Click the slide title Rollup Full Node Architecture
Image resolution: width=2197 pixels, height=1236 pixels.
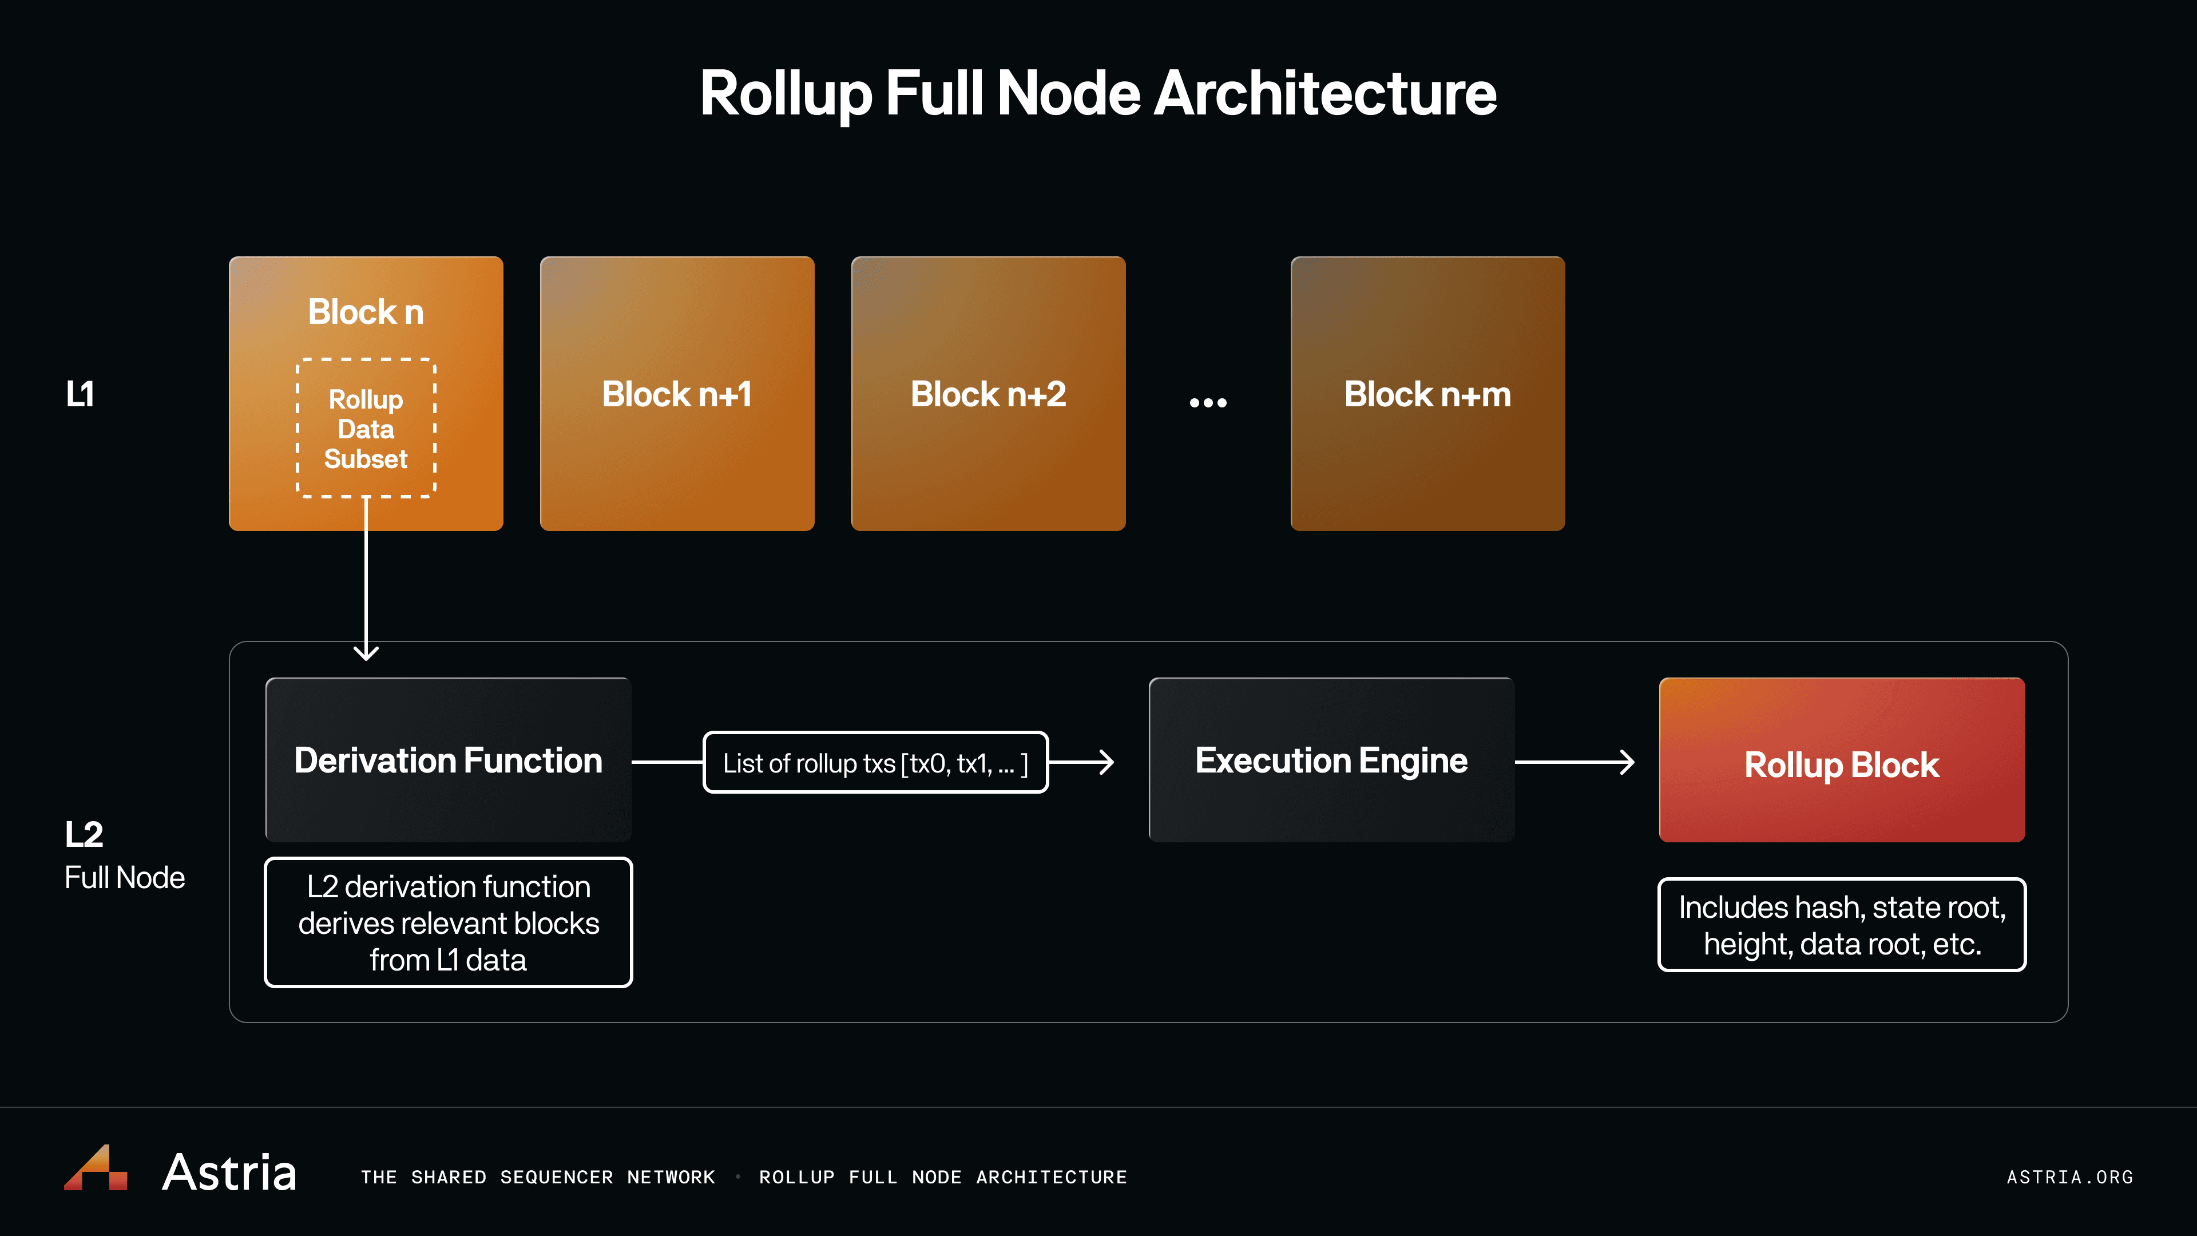[x=1098, y=94]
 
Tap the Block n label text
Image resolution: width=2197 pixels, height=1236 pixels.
[x=366, y=312]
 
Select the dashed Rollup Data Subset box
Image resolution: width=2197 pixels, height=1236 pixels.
[x=366, y=428]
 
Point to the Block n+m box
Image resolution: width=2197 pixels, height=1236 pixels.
[x=1427, y=394]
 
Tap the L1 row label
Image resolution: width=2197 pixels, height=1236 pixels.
[x=80, y=394]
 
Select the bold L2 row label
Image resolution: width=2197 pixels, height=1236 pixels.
[x=84, y=834]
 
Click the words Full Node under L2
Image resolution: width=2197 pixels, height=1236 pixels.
[x=125, y=878]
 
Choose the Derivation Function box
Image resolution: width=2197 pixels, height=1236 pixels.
[x=448, y=760]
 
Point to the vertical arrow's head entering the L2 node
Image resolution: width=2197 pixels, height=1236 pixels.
[x=366, y=652]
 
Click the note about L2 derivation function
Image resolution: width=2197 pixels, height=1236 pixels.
[x=448, y=923]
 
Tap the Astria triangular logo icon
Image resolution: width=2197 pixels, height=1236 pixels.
[x=96, y=1168]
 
